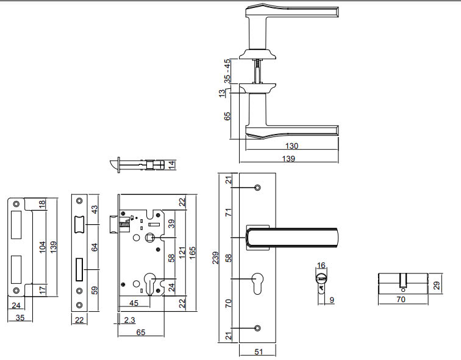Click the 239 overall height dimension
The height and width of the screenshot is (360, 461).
pos(216,258)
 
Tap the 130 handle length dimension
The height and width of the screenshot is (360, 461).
pos(291,146)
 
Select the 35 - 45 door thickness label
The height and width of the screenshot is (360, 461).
pos(227,71)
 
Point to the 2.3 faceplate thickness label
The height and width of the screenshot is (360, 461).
pos(129,320)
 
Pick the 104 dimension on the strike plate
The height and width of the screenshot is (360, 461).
pos(43,247)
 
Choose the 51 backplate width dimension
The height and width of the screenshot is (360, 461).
pos(259,351)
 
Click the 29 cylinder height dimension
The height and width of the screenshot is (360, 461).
pos(437,285)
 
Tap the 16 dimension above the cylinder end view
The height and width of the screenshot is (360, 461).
pos(321,265)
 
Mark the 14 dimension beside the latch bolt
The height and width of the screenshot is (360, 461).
pos(172,164)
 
